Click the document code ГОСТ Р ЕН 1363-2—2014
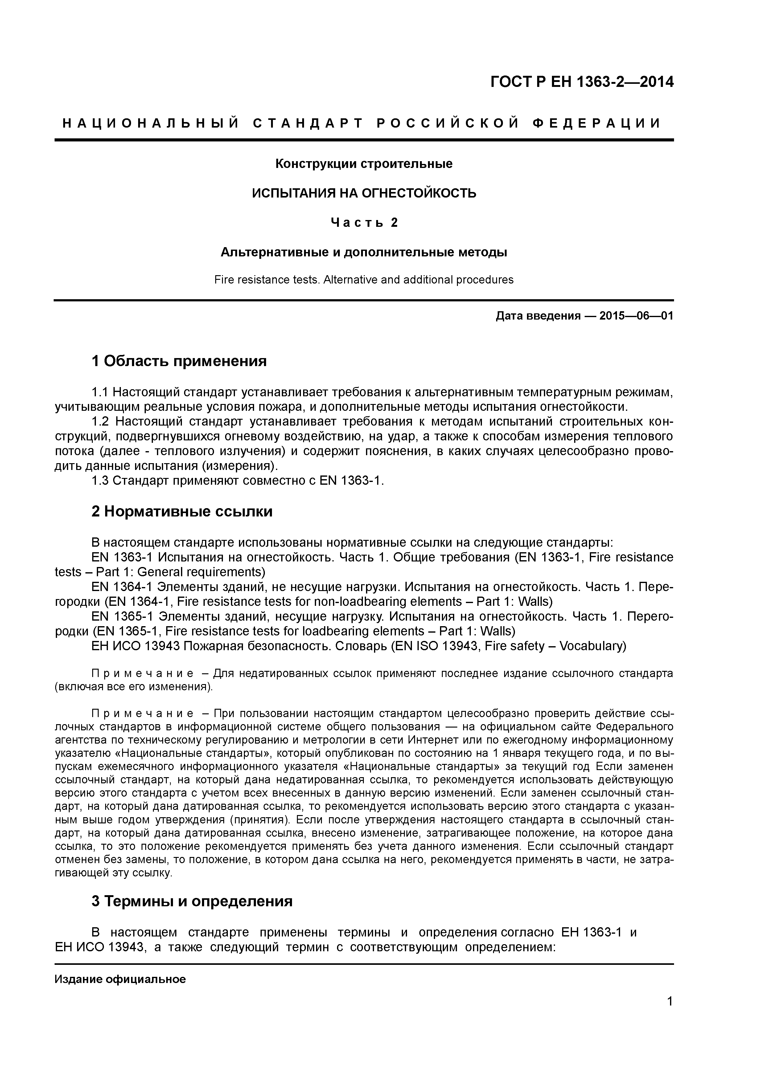(582, 82)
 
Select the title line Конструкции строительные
(364, 164)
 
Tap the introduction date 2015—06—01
(636, 316)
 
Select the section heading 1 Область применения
(179, 361)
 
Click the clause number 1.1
(100, 392)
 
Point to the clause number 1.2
(100, 421)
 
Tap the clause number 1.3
(100, 481)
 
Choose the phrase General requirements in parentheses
(193, 572)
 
